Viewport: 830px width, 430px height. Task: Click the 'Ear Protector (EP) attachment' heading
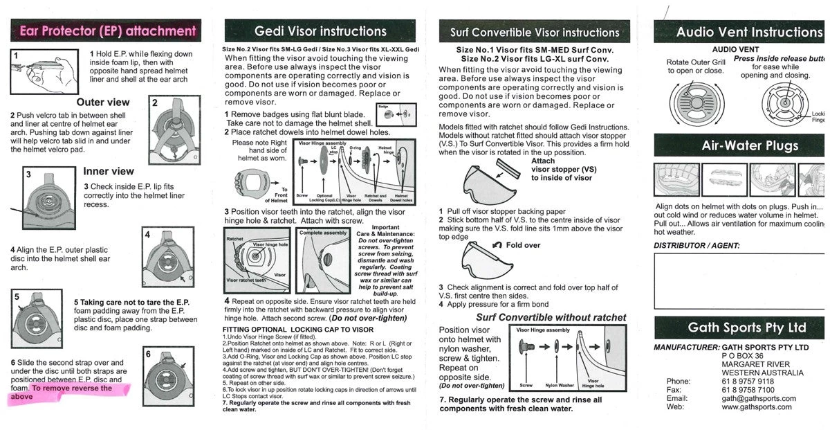[x=107, y=30]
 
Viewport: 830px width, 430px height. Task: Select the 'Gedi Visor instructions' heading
[x=320, y=31]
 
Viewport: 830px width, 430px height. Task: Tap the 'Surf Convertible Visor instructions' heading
[x=525, y=32]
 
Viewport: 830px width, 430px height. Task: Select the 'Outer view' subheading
[x=103, y=102]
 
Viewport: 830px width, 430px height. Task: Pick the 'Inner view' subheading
[x=109, y=171]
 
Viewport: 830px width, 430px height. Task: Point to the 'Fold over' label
[x=523, y=245]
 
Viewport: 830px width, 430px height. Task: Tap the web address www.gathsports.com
[x=757, y=407]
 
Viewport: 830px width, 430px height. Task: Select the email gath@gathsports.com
[x=758, y=399]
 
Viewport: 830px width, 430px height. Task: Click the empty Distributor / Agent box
[x=740, y=280]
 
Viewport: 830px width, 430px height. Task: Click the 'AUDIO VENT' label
[x=735, y=50]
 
